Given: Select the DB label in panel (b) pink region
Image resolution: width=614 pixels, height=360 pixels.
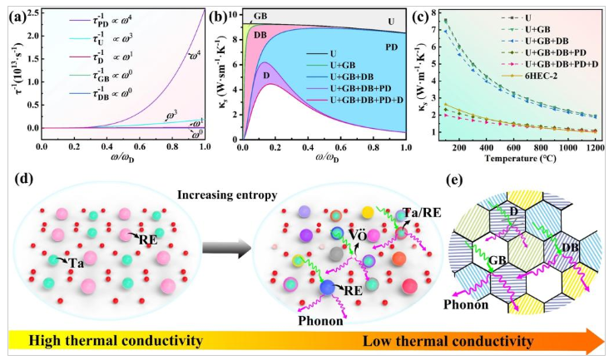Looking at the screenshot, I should click(259, 35).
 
